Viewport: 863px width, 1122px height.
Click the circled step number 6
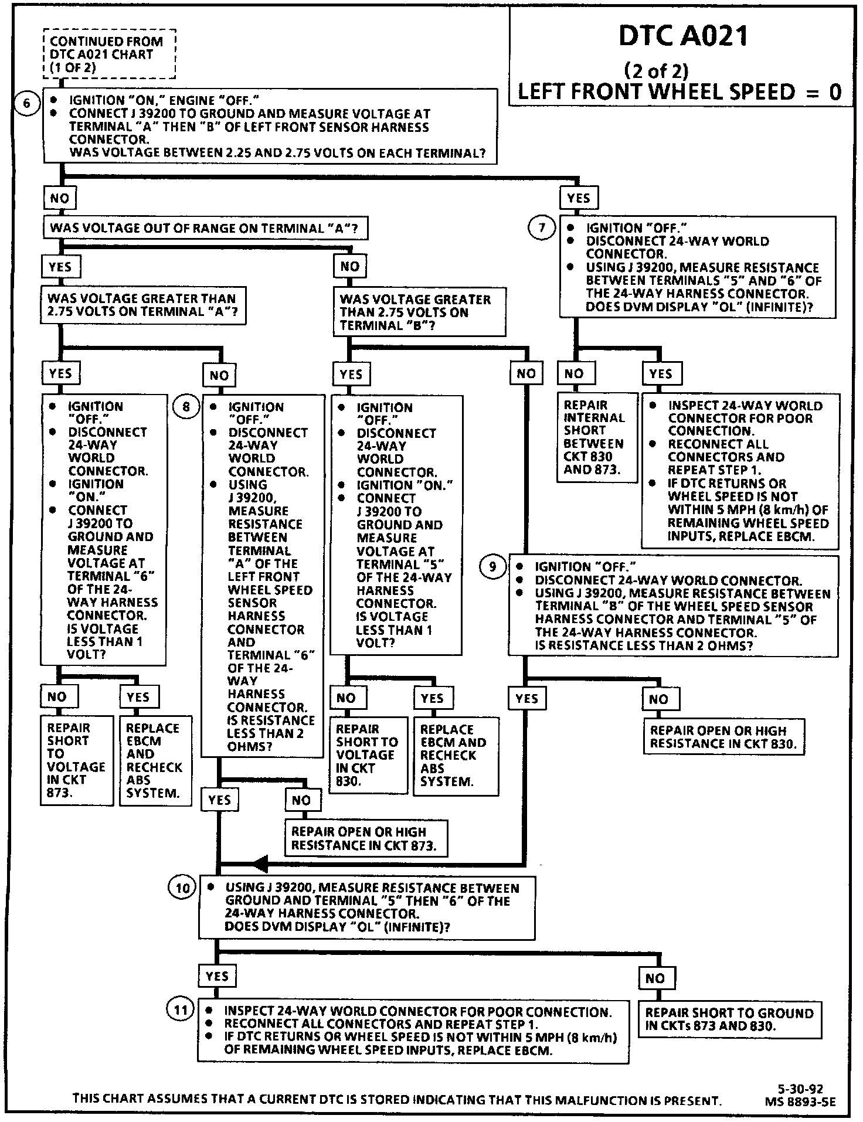point(26,104)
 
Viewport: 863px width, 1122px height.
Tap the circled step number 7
point(541,227)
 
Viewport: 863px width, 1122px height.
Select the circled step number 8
point(186,406)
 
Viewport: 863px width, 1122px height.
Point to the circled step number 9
point(492,566)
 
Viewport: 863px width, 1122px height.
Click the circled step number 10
point(182,888)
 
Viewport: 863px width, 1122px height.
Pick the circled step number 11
point(181,1010)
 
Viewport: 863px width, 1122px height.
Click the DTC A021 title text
point(684,36)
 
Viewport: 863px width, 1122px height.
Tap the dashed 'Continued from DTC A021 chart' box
point(110,54)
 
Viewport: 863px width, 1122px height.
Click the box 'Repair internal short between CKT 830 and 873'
point(596,437)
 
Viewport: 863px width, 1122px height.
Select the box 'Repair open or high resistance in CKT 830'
point(725,737)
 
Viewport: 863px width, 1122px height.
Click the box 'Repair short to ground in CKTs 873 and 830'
point(729,1019)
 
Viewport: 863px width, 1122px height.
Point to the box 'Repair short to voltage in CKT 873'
point(76,760)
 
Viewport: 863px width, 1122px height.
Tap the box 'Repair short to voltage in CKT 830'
point(368,756)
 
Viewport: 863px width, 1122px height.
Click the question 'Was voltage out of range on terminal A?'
point(205,228)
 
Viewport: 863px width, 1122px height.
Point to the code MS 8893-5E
point(800,1101)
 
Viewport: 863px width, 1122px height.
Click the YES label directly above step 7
point(579,198)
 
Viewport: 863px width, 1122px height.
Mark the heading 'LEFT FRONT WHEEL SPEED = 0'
point(679,91)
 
